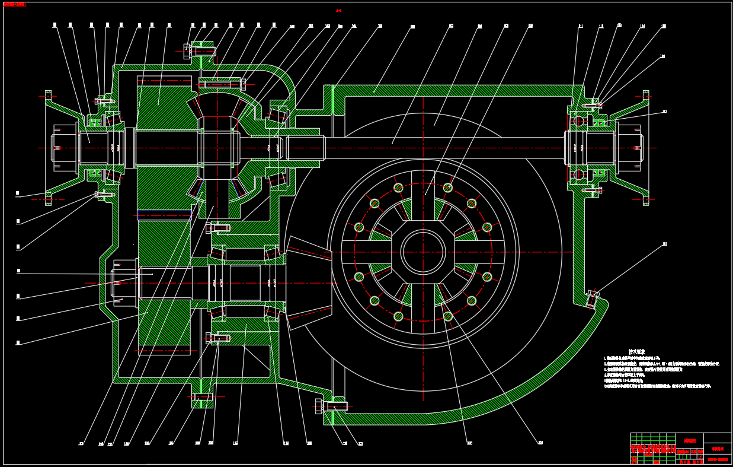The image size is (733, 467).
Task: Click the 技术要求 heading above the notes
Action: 636,352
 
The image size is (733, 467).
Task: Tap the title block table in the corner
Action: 680,448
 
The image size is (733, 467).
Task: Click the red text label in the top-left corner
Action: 15,4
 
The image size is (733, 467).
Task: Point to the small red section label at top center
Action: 338,11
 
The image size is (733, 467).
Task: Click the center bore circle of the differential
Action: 423,252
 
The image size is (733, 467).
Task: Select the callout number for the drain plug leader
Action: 664,244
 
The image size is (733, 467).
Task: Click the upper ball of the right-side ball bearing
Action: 579,121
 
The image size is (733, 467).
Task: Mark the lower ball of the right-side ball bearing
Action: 579,174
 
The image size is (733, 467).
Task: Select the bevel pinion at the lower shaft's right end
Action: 308,282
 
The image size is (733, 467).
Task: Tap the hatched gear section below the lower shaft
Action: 164,323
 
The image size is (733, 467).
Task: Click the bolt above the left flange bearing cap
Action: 104,101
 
